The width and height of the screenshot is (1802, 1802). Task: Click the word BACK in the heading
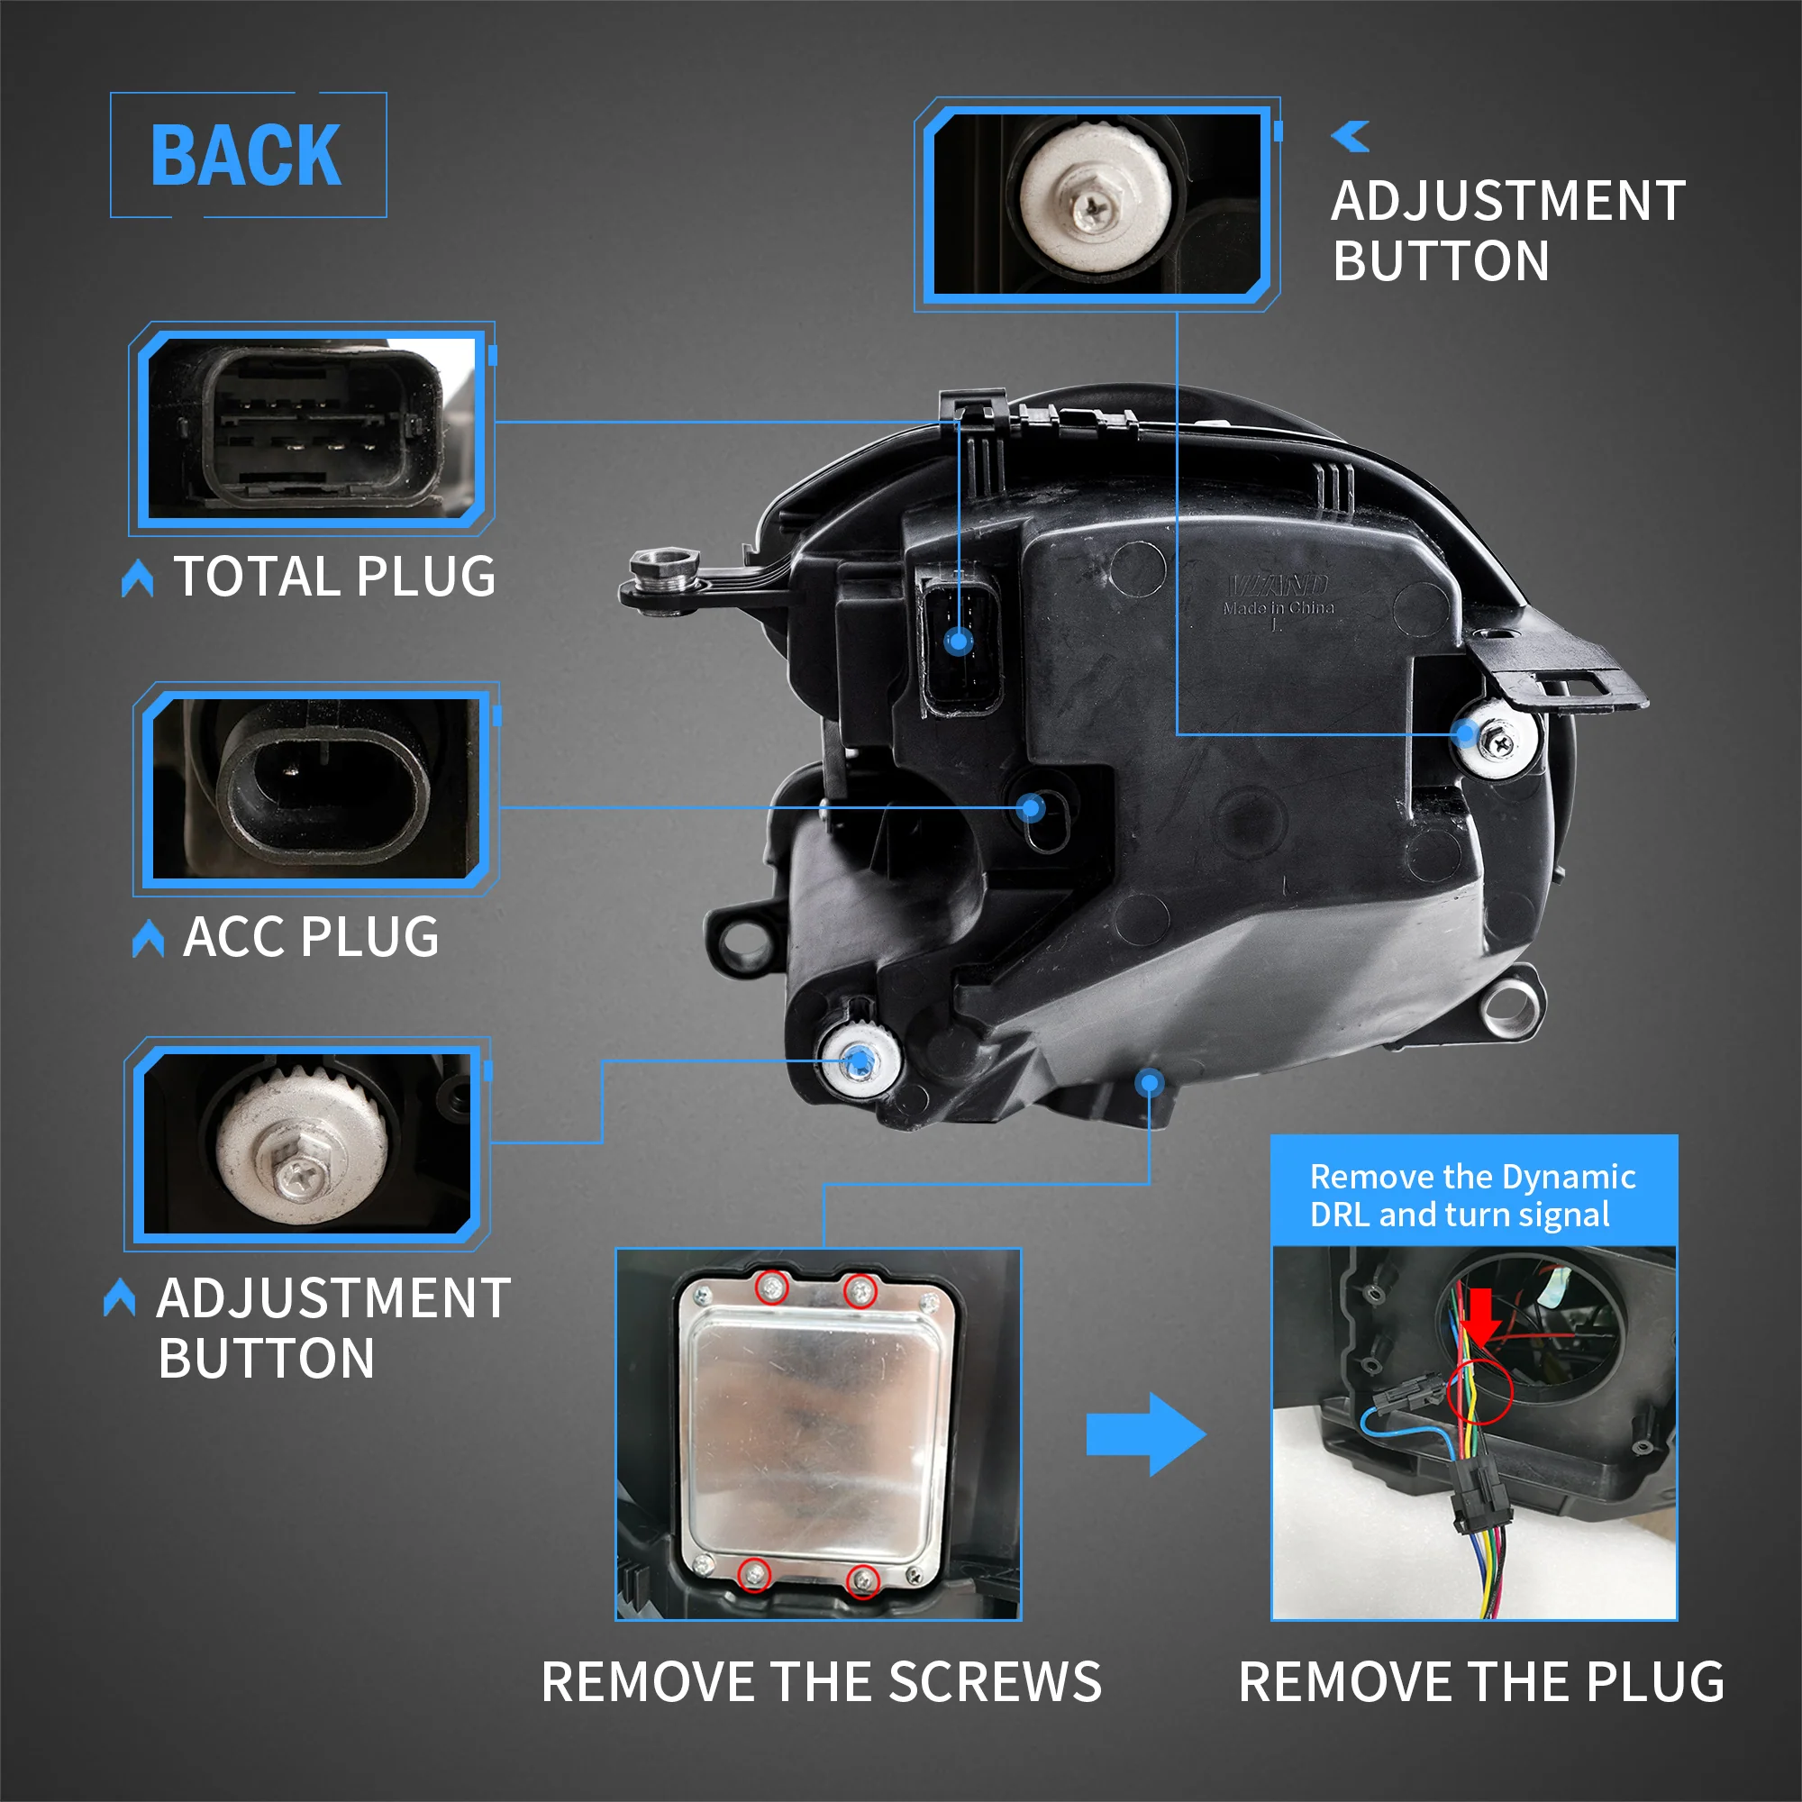pos(246,156)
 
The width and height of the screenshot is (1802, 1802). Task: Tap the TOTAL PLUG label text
pos(335,577)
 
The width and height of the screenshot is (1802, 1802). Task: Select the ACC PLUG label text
pos(311,937)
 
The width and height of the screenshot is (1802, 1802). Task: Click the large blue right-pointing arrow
pos(1145,1434)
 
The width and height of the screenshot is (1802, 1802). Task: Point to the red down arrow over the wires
pos(1480,1315)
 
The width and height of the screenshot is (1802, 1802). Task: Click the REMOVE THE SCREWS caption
pos(821,1681)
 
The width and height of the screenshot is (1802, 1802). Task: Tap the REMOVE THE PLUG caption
pos(1481,1681)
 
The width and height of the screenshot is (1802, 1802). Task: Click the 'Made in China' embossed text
pos(1279,608)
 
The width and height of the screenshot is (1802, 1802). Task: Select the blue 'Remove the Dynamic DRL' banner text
pos(1472,1196)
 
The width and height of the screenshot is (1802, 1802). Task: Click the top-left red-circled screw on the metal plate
pos(771,1289)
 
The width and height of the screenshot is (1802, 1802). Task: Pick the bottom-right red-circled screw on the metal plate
pos(864,1581)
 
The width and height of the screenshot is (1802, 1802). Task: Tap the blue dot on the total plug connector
pos(959,641)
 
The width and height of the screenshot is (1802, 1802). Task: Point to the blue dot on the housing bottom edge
pos(1149,1083)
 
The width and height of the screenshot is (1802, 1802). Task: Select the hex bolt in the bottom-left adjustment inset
pos(300,1168)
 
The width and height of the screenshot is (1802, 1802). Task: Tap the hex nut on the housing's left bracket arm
pos(663,566)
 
